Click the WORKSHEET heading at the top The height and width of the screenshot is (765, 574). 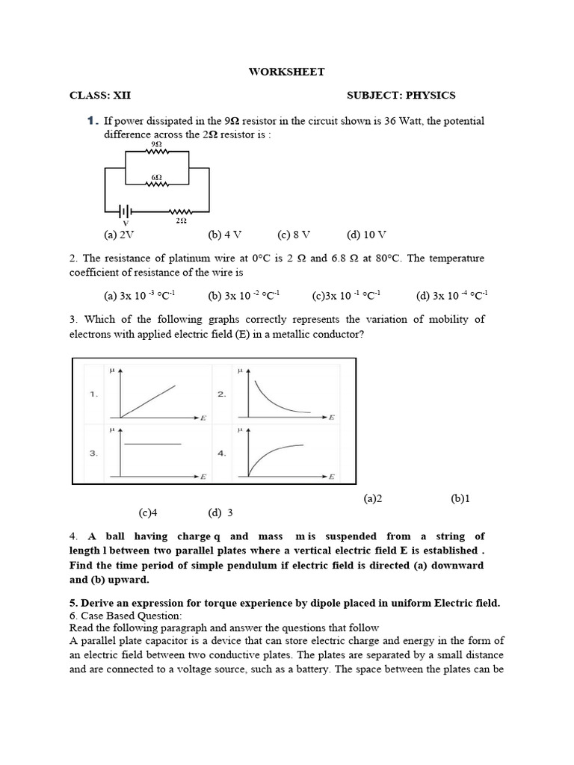pyautogui.click(x=286, y=72)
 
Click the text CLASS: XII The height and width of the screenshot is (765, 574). pyautogui.click(x=105, y=96)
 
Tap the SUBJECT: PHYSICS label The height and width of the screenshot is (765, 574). pyautogui.click(x=401, y=96)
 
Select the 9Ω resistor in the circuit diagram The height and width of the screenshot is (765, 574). pyautogui.click(x=158, y=150)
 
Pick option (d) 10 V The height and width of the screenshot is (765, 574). pyautogui.click(x=366, y=235)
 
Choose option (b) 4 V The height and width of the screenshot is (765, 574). pyautogui.click(x=225, y=235)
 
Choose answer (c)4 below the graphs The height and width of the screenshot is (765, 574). pyautogui.click(x=149, y=512)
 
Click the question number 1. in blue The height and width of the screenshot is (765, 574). pyautogui.click(x=93, y=121)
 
